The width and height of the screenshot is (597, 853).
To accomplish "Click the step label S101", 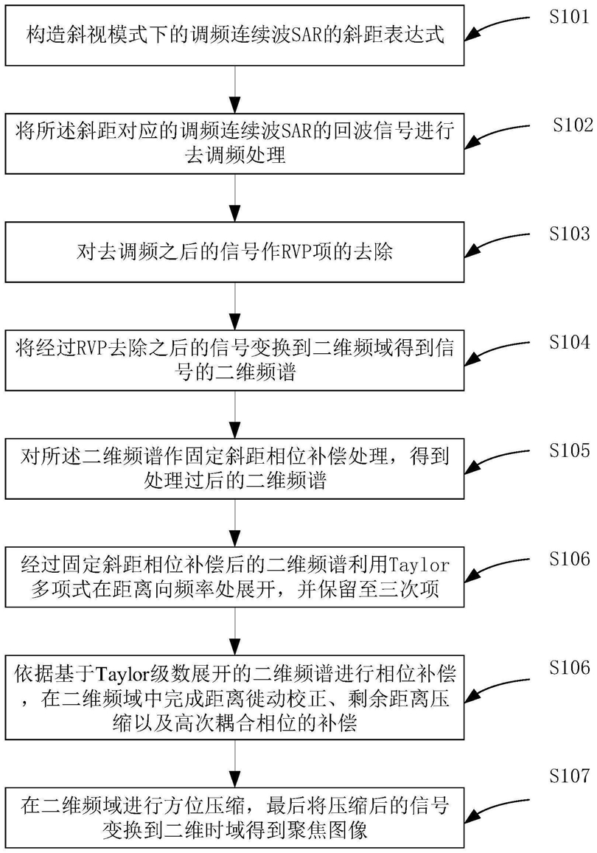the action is (569, 16).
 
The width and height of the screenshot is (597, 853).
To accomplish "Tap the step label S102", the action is (573, 125).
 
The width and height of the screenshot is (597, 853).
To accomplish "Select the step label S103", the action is (569, 234).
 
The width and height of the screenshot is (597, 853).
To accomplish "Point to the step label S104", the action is (569, 341).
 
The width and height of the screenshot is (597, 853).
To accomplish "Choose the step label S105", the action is (569, 450).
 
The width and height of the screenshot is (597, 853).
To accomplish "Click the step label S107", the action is (569, 775).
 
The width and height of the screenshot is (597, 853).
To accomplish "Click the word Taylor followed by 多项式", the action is (419, 565).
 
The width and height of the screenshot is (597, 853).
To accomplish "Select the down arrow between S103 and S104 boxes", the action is (235, 306).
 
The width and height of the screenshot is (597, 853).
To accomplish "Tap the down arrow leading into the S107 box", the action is (235, 763).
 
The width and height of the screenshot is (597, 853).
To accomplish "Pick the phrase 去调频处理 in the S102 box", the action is (235, 156).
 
